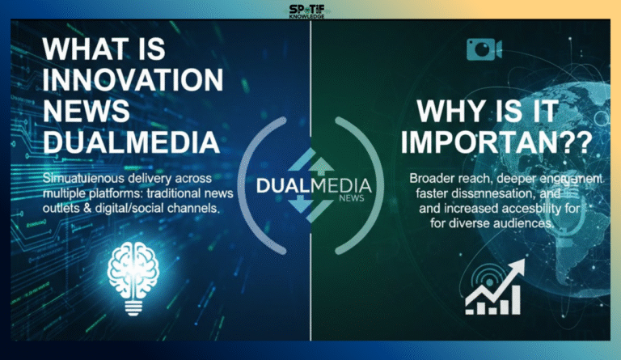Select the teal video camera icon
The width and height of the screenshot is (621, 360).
coord(485,50)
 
